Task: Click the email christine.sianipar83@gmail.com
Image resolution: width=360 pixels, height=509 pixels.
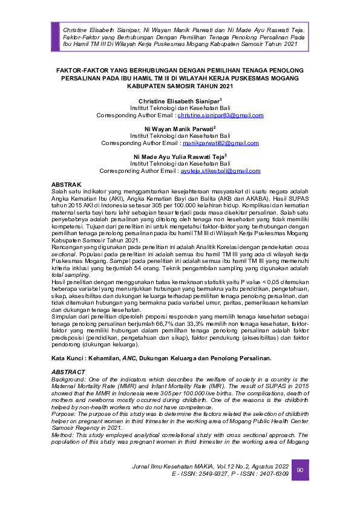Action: pyautogui.click(x=220, y=115)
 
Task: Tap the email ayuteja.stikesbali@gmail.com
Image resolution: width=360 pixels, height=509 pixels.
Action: pyautogui.click(x=221, y=171)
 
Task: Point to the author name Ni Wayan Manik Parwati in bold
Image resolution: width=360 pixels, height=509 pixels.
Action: pyautogui.click(x=179, y=128)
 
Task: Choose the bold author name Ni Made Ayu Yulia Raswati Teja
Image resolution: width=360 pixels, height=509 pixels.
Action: pyautogui.click(x=179, y=157)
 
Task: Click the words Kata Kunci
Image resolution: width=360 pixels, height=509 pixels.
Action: pyautogui.click(x=67, y=358)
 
